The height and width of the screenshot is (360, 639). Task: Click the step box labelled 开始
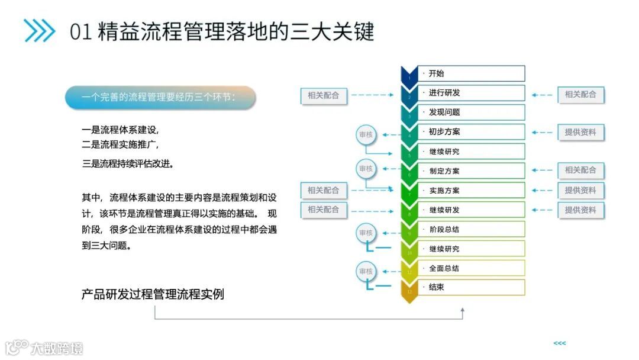point(471,73)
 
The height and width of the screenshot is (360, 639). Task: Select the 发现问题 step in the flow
point(471,112)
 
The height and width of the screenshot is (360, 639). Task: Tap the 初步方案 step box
point(471,132)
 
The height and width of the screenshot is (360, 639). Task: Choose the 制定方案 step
point(471,171)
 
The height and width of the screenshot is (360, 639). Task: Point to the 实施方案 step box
point(471,191)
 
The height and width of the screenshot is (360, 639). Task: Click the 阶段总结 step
point(471,229)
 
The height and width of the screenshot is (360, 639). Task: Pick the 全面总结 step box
point(471,268)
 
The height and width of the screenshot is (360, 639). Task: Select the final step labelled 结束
point(471,288)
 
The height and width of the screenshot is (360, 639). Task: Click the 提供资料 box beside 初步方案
point(580,133)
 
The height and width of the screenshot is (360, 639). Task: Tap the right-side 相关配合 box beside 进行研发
point(580,94)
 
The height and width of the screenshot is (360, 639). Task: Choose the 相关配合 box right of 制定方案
point(580,171)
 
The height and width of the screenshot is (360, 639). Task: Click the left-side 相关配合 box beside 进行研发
point(324,95)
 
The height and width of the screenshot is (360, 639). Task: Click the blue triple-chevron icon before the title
point(39,31)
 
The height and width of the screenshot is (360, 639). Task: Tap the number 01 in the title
point(80,31)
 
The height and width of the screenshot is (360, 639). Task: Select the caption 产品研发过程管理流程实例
point(153,294)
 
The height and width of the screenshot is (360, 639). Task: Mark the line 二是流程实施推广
point(120,144)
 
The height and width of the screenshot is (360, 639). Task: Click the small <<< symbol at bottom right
point(559,343)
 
